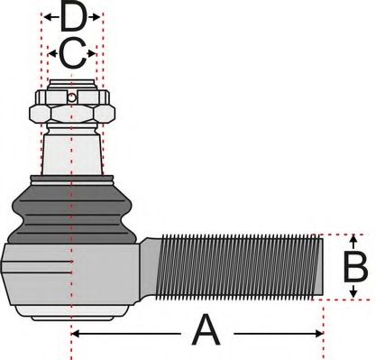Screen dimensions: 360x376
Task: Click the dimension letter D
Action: (74, 16)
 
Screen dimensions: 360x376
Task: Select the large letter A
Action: (206, 332)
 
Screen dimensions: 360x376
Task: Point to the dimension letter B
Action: (355, 267)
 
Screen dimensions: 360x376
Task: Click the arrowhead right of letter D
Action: (99, 16)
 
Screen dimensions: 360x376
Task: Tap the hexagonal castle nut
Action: (72, 111)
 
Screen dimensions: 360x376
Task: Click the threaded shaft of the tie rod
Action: (239, 267)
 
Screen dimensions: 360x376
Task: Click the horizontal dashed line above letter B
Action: (347, 234)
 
